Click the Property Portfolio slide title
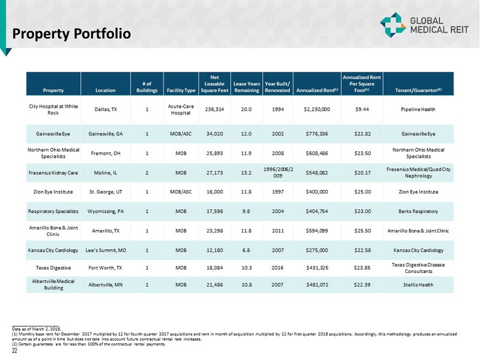click(71, 34)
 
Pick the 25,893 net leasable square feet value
click(214, 153)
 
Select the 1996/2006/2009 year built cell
click(278, 172)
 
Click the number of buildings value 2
click(146, 172)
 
